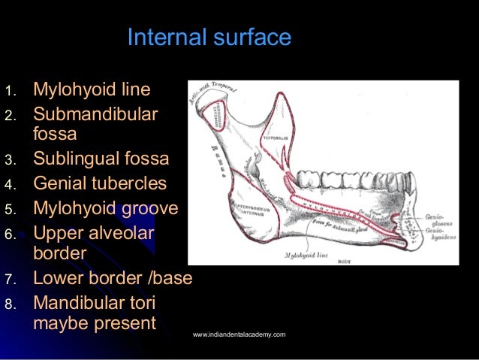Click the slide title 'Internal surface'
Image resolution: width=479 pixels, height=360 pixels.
[x=209, y=38]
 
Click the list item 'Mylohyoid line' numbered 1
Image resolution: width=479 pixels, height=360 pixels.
[x=92, y=90]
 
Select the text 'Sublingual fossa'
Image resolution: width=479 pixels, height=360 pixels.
[x=101, y=159]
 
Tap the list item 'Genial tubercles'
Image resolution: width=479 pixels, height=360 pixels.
[x=100, y=183]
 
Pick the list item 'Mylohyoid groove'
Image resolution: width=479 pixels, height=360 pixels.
[x=105, y=208]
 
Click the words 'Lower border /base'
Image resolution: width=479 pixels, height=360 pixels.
[x=113, y=278]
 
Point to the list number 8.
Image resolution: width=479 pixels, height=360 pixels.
[x=10, y=304]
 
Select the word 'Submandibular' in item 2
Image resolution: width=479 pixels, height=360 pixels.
[x=95, y=115]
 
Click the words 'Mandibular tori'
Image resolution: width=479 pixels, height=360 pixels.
[x=95, y=303]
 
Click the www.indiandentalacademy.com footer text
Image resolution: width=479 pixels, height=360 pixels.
[x=239, y=334]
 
